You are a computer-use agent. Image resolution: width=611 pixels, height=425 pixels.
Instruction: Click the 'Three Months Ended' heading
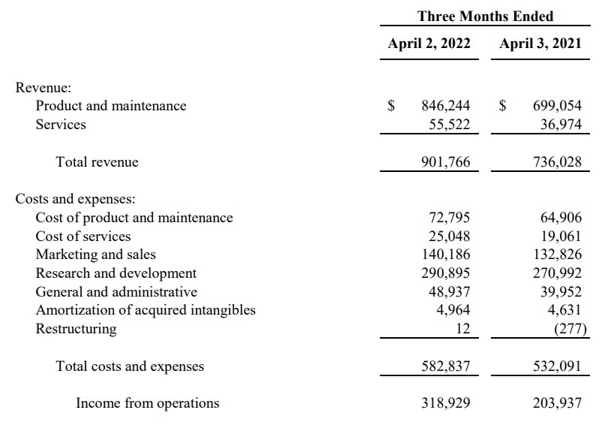point(485,16)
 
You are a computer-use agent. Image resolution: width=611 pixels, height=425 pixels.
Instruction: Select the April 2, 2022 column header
point(429,44)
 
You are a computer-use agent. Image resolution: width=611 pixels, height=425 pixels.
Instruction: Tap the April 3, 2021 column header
point(540,44)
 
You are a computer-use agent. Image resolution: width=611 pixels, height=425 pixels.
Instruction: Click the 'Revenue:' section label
point(44,87)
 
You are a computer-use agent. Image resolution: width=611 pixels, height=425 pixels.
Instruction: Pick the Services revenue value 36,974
point(561,125)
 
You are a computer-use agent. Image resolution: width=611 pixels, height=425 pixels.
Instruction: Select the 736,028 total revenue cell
point(557,161)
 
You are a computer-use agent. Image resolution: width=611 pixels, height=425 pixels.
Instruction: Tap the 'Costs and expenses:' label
point(75,199)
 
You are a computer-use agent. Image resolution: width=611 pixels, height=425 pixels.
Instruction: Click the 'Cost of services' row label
point(82,237)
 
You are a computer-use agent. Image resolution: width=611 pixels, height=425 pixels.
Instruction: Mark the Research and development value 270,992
point(557,273)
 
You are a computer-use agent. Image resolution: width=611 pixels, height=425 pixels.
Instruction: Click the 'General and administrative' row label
point(116,292)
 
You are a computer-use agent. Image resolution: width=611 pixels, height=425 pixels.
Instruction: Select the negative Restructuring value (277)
point(568,329)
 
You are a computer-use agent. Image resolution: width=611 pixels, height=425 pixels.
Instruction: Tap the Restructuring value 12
point(462,329)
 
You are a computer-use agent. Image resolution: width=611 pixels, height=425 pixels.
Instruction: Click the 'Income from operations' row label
point(147,403)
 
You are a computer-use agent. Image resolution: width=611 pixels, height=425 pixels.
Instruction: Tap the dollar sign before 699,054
point(504,106)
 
